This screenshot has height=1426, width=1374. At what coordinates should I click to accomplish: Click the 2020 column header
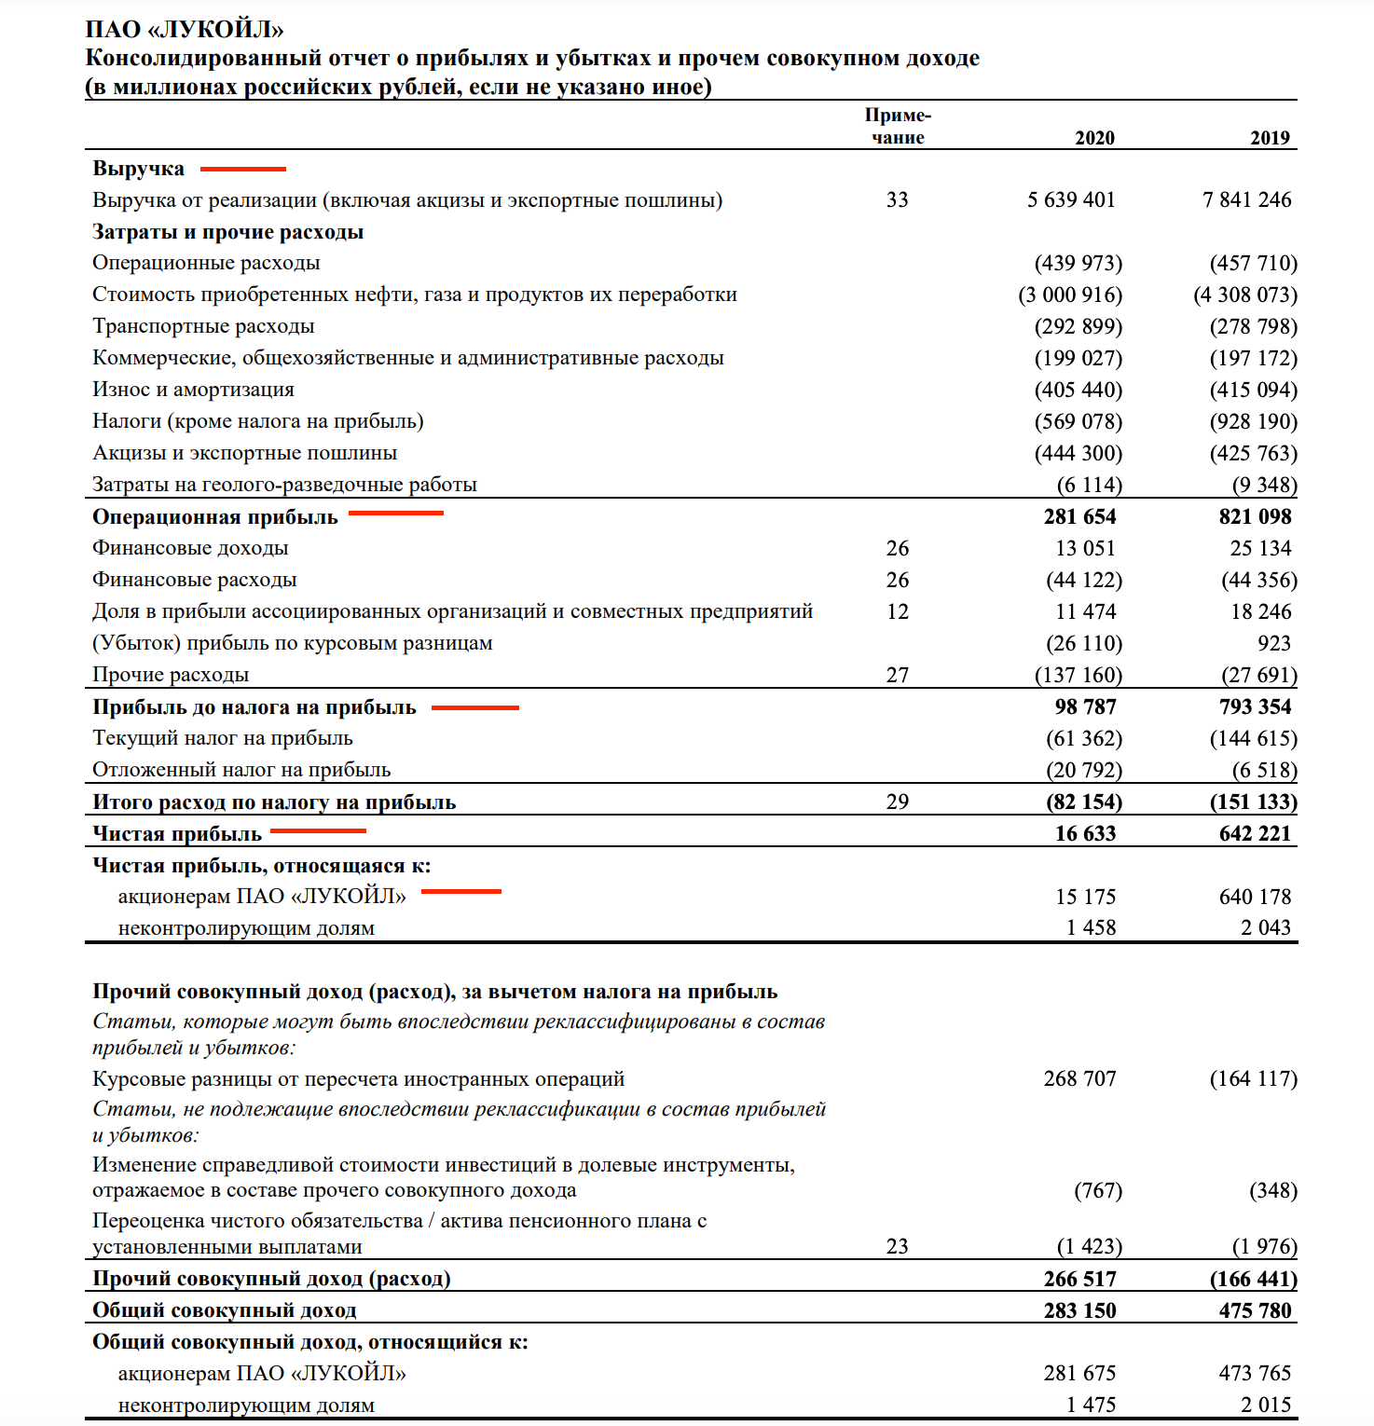(x=1094, y=138)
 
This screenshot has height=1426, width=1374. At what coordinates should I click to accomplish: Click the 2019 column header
(x=1270, y=138)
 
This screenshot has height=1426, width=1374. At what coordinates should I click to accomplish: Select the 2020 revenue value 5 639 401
(x=1071, y=199)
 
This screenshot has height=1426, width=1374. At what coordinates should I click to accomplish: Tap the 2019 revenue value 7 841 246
(x=1246, y=199)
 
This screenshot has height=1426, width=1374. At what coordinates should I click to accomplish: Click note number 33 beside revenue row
(x=897, y=199)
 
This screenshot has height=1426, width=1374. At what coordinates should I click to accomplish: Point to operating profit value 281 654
(x=1079, y=516)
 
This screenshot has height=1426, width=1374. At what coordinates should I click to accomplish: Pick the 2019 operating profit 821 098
(x=1255, y=516)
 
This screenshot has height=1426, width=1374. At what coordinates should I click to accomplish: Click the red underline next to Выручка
(x=243, y=169)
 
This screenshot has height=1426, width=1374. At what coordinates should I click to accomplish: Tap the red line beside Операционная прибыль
(x=396, y=513)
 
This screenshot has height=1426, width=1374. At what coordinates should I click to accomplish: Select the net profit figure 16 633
(x=1085, y=833)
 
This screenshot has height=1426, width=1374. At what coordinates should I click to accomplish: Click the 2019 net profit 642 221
(x=1255, y=833)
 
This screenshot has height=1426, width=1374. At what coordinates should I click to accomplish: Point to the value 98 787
(x=1085, y=706)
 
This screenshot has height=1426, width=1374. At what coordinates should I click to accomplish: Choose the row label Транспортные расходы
(x=203, y=326)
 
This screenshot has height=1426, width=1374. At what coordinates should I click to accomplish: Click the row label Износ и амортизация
(x=193, y=390)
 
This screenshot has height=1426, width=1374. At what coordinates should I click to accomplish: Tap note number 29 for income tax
(x=897, y=802)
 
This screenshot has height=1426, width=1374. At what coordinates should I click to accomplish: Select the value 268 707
(x=1079, y=1078)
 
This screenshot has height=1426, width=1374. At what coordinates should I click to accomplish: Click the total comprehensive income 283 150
(x=1079, y=1310)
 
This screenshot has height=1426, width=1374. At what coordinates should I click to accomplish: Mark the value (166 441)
(x=1253, y=1279)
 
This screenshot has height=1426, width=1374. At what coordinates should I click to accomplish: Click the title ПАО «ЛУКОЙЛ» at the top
(x=185, y=30)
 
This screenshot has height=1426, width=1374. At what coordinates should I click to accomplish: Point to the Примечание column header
(x=898, y=126)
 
